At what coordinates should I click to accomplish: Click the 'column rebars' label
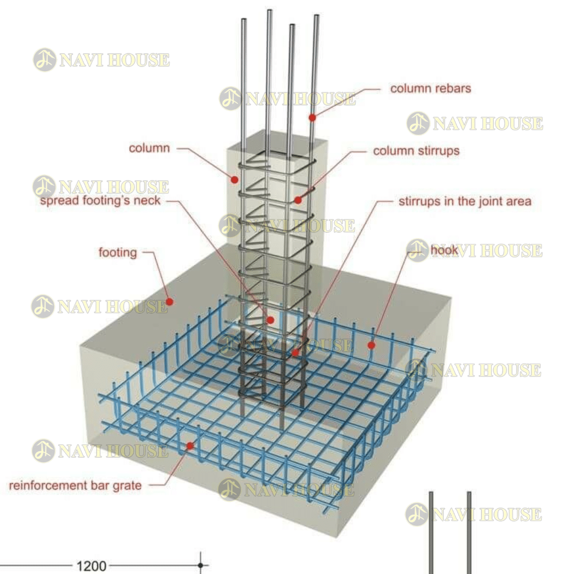click(430, 88)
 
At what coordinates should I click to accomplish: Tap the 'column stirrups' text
click(416, 151)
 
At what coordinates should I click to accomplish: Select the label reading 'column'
click(149, 148)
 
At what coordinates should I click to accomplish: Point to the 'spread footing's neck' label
click(100, 201)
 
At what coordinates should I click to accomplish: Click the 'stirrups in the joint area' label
click(465, 201)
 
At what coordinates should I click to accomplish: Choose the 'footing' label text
click(117, 252)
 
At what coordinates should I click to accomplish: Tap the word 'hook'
click(444, 250)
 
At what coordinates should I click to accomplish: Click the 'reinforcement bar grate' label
click(75, 485)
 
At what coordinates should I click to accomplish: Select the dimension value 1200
click(91, 566)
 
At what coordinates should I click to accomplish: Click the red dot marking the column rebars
click(313, 117)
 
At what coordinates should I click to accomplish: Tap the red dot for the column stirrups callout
click(298, 200)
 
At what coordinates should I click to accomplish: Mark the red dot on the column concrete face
click(234, 180)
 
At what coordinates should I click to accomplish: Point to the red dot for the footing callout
click(170, 301)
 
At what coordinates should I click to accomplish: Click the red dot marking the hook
click(372, 345)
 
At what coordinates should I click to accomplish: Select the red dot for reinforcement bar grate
click(190, 445)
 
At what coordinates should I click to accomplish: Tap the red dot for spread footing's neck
click(270, 320)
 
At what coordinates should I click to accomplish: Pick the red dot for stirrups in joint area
click(296, 352)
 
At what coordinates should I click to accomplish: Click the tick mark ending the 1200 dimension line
click(200, 566)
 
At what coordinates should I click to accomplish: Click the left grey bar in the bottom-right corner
click(431, 531)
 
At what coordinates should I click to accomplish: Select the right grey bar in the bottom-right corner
click(469, 531)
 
